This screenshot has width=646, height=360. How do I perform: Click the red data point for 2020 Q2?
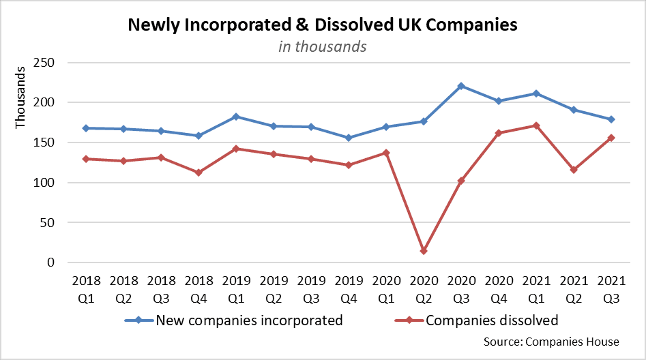pyautogui.click(x=424, y=251)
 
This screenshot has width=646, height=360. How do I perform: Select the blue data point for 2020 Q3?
pyautogui.click(x=461, y=86)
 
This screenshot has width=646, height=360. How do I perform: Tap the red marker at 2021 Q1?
pyautogui.click(x=537, y=125)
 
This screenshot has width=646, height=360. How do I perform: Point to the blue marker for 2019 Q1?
pyautogui.click(x=236, y=117)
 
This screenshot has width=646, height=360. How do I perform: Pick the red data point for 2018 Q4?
pyautogui.click(x=199, y=172)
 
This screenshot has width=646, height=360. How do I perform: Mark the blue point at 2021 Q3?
pyautogui.click(x=611, y=119)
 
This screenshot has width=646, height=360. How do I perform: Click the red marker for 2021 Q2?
pyautogui.click(x=574, y=170)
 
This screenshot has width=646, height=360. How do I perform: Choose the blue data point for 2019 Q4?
pyautogui.click(x=349, y=138)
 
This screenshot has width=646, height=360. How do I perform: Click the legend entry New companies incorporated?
pyautogui.click(x=249, y=320)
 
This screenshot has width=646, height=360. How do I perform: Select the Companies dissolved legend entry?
pyautogui.click(x=491, y=320)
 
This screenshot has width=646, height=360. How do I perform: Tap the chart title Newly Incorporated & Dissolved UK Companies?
pyautogui.click(x=323, y=26)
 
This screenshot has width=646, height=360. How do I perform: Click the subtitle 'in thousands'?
pyautogui.click(x=323, y=46)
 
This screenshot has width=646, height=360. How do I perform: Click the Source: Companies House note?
pyautogui.click(x=550, y=342)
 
